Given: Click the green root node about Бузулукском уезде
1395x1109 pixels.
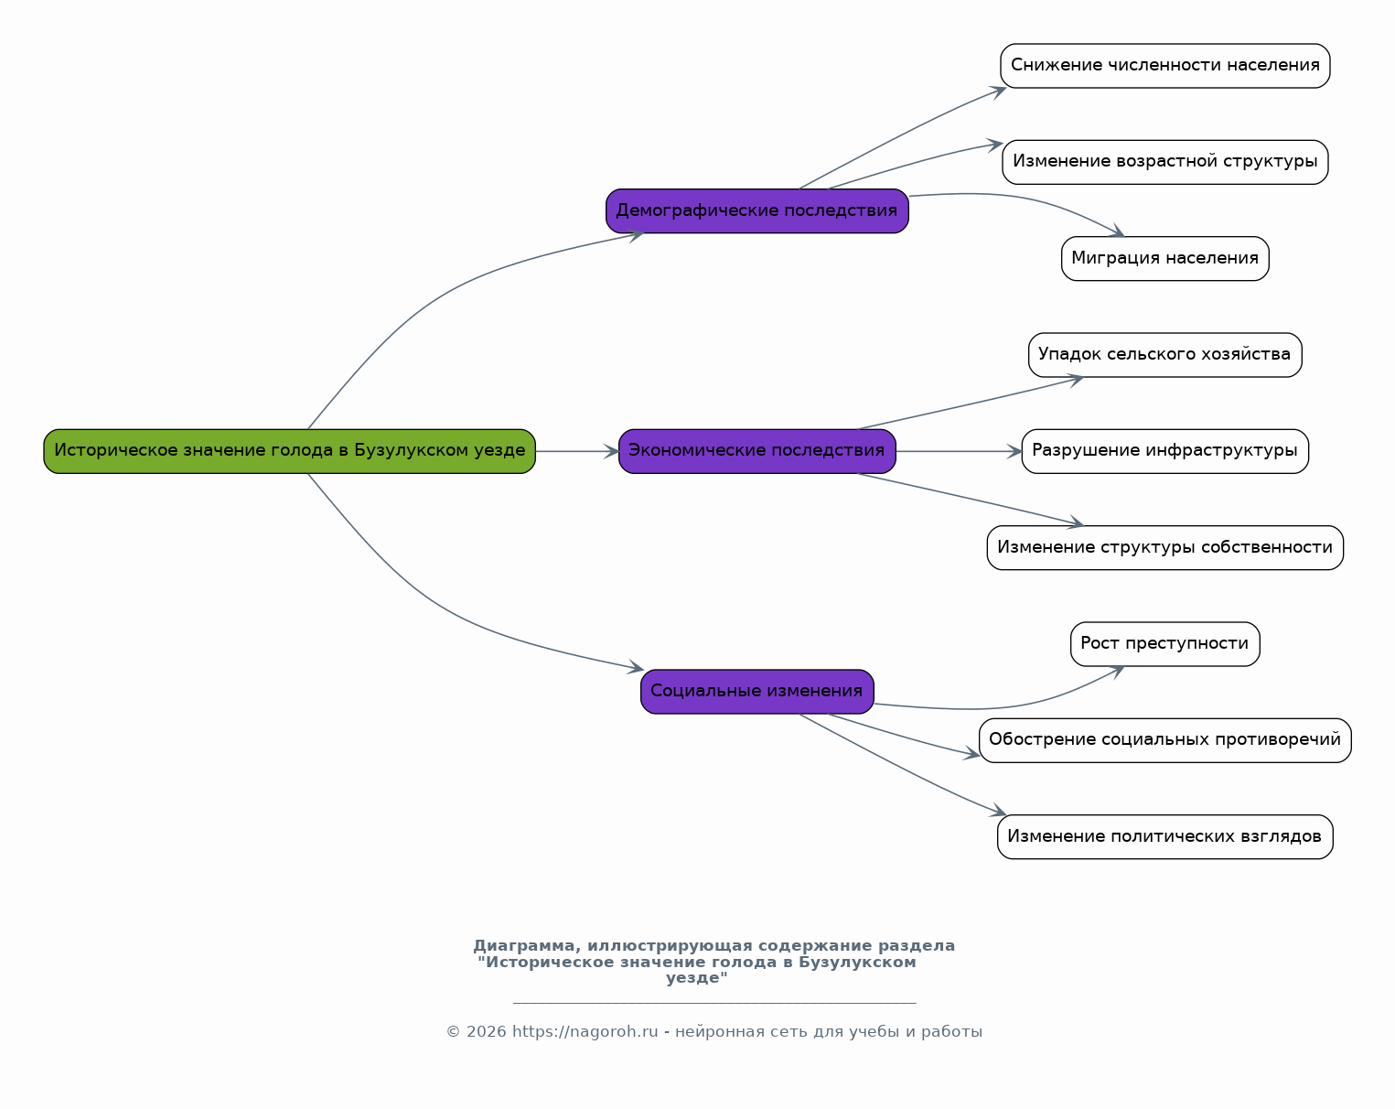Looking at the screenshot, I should click(289, 451).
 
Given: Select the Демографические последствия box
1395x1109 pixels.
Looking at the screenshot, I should click(757, 211).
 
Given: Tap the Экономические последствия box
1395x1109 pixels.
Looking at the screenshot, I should click(757, 451).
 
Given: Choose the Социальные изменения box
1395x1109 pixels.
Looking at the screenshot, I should click(757, 692).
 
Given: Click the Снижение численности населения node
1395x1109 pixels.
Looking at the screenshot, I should click(1164, 66).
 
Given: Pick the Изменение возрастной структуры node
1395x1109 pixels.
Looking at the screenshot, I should click(1164, 162).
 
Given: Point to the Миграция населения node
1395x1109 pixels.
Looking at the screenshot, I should click(1164, 259).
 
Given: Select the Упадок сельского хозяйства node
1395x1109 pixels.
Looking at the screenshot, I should click(1164, 355).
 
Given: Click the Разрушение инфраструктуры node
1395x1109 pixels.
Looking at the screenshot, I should click(1164, 451).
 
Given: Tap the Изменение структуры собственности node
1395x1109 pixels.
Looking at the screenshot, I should click(1164, 547).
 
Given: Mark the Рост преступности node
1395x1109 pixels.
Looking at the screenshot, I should click(1164, 644).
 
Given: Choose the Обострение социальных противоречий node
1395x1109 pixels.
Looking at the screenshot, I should click(1164, 740).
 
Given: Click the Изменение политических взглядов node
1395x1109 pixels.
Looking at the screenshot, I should click(1164, 836).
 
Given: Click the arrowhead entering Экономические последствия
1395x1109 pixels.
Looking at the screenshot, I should click(611, 451).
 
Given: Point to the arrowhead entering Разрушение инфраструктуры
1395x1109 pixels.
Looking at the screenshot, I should click(1014, 451).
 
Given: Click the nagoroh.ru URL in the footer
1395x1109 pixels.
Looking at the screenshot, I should click(585, 1032).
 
